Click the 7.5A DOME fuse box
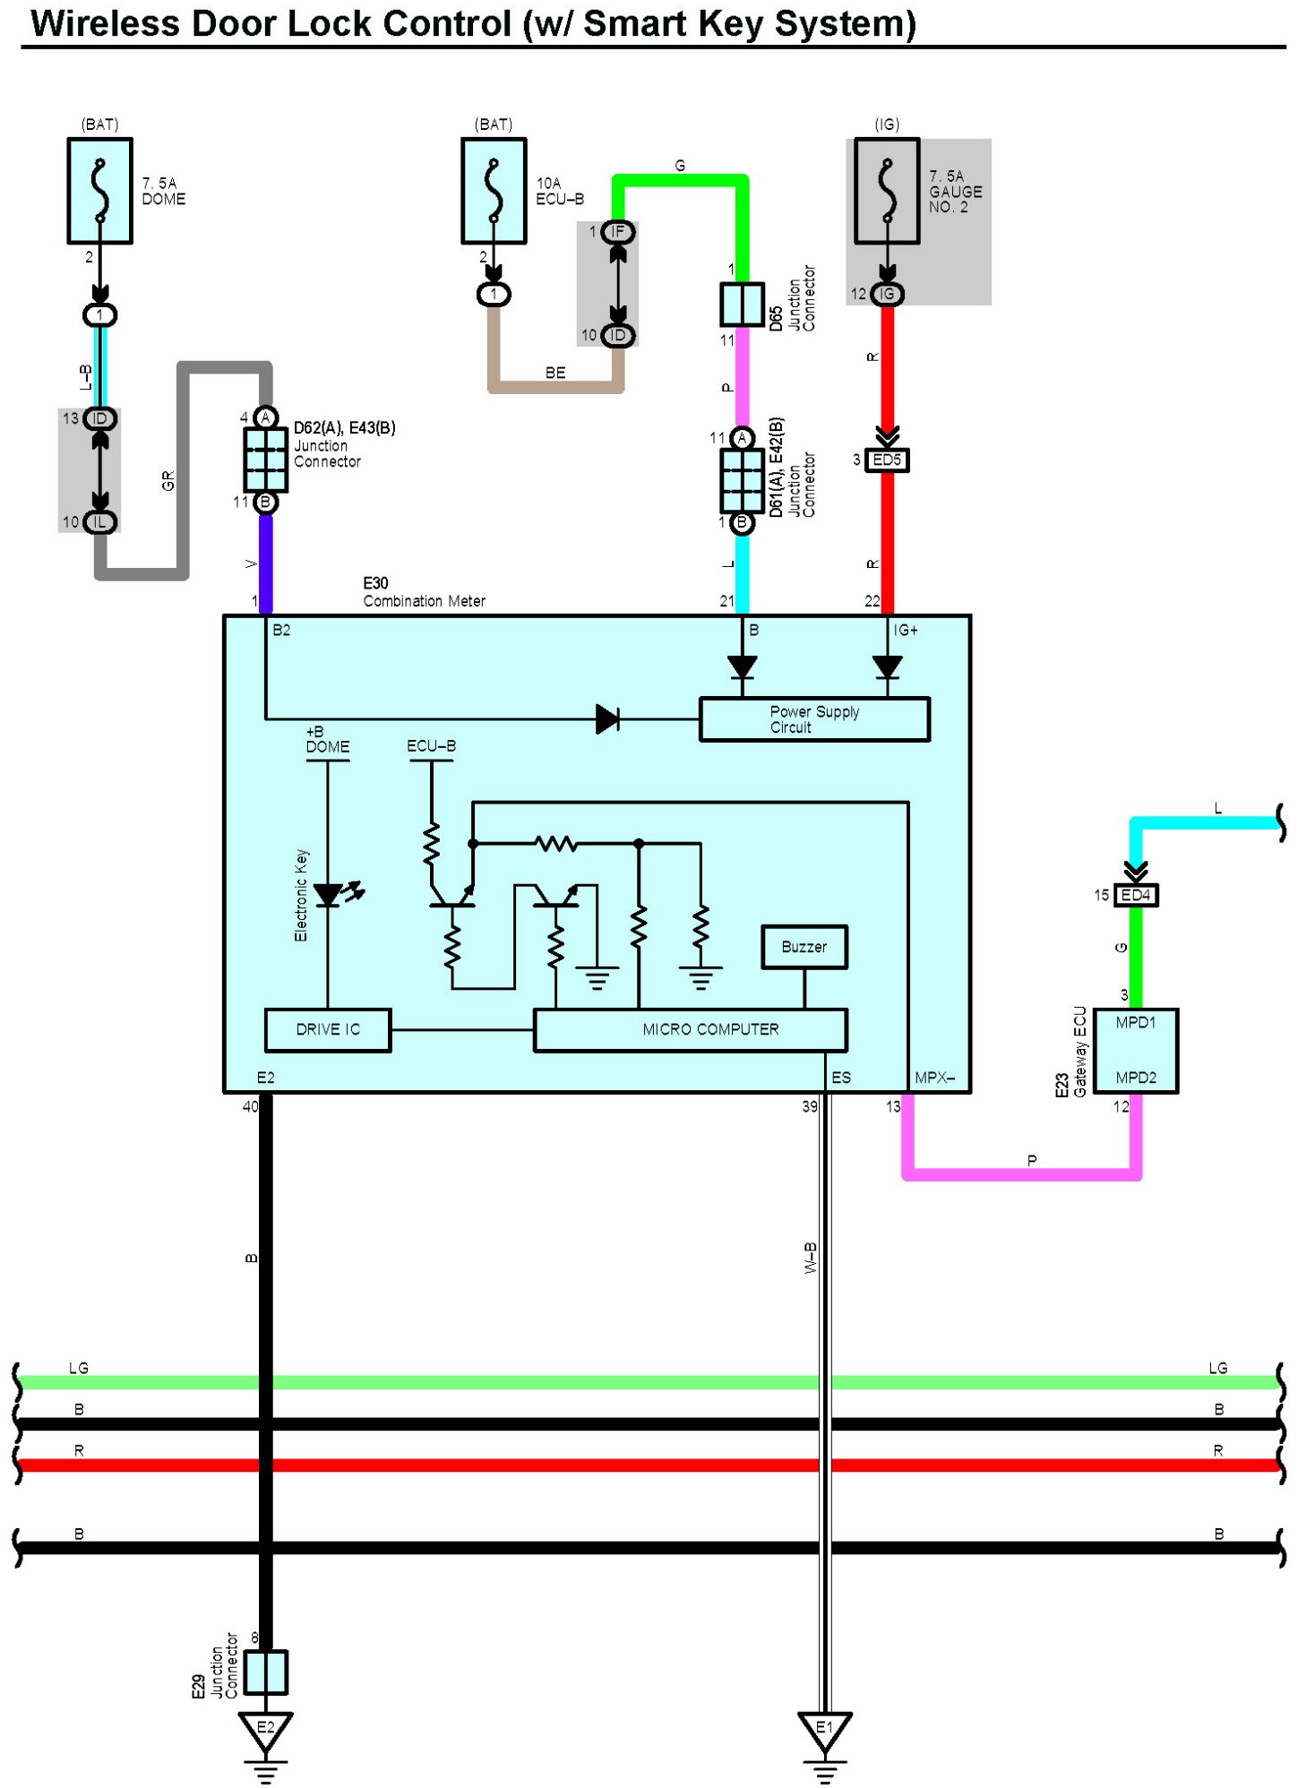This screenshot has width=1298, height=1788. [99, 190]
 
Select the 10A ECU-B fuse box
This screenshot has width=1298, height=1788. [494, 190]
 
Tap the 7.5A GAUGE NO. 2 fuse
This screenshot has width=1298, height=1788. [887, 190]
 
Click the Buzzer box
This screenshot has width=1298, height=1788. [804, 947]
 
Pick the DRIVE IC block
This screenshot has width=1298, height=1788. [328, 1029]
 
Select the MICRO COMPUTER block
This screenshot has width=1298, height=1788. [690, 1029]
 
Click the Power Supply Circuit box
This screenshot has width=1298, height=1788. [814, 719]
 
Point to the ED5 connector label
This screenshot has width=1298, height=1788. [887, 460]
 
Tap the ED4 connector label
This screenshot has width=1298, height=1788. [1135, 895]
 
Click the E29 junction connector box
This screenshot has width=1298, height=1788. [265, 1672]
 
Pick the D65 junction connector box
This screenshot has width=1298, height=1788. [742, 304]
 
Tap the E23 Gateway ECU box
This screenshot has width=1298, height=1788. [1135, 1051]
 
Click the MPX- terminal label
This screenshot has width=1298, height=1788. [934, 1078]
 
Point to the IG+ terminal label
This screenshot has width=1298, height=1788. [905, 630]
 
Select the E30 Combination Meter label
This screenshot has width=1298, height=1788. [424, 592]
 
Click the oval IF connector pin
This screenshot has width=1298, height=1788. [617, 232]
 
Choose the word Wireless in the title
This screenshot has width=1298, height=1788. [106, 23]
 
